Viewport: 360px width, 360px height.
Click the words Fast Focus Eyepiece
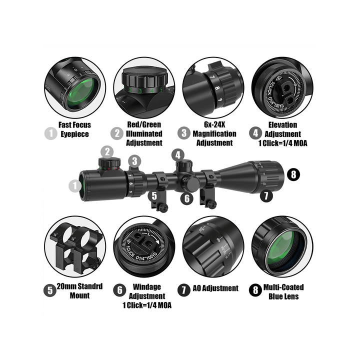[x=75, y=129]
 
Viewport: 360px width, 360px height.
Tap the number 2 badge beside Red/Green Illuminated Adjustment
[x=117, y=133]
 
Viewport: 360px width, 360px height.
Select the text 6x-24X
[x=206, y=125]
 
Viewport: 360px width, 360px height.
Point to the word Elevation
[x=282, y=125]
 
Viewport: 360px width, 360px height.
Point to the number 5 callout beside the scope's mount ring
[x=154, y=196]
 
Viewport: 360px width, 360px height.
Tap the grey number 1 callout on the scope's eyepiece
[x=75, y=186]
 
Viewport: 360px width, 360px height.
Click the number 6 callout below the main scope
[x=187, y=198]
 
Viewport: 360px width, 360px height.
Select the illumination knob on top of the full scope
[x=107, y=163]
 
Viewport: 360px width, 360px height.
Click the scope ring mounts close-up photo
[x=75, y=247]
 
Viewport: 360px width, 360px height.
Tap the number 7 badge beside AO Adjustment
[x=185, y=289]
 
